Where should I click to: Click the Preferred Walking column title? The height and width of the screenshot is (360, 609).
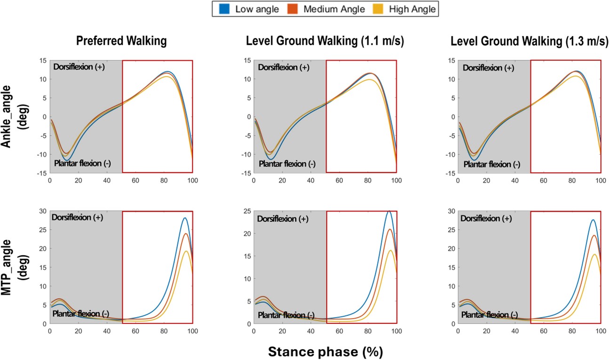pos(121,41)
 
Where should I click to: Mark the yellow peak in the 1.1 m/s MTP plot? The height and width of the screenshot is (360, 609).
pos(391,250)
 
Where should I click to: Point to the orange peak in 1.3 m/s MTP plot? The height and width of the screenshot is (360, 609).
pos(594,235)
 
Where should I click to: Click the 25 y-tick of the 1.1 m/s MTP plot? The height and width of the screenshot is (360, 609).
pos(246,211)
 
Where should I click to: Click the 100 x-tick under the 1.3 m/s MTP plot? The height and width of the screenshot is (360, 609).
pos(601,331)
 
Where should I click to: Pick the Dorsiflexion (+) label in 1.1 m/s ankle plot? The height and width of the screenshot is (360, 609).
pos(285,67)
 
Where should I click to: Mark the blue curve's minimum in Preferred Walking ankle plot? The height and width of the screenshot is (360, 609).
pos(66,160)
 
